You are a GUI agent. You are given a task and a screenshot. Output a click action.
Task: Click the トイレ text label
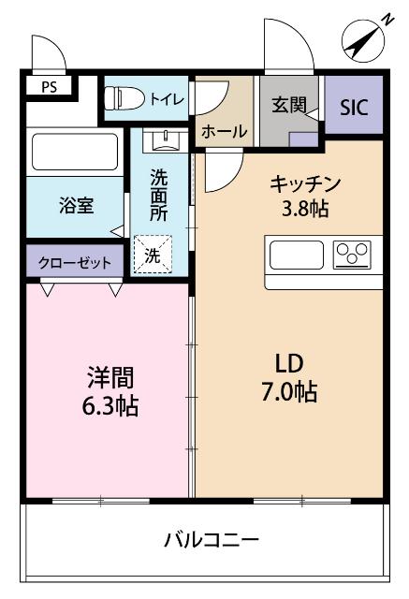pyautogui.click(x=168, y=98)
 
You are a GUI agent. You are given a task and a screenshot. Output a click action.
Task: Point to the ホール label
pyautogui.click(x=224, y=131)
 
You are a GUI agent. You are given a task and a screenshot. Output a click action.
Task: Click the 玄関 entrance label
pyautogui.click(x=290, y=105)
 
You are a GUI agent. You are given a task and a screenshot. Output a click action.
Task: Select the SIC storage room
pyautogui.click(x=354, y=107)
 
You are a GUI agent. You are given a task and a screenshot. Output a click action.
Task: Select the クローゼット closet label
pyautogui.click(x=75, y=262)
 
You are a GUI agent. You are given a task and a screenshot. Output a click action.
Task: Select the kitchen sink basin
pyautogui.click(x=298, y=254)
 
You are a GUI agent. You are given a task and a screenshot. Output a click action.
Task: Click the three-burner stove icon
pyautogui.click(x=353, y=254)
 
